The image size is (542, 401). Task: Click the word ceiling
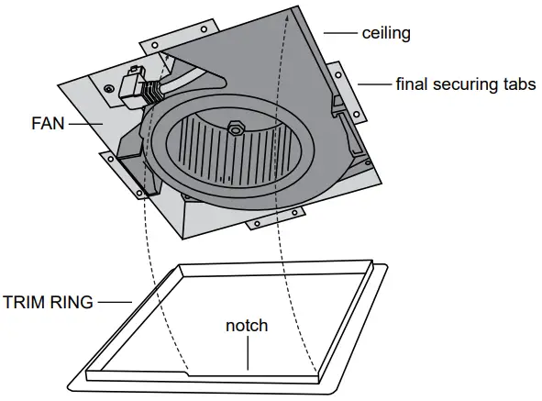point(385,33)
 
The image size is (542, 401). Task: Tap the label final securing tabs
point(465,84)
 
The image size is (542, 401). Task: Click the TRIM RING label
point(48,300)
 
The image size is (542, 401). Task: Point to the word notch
point(248,326)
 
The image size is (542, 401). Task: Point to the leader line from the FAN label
point(83,121)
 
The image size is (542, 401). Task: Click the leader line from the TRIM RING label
point(116,300)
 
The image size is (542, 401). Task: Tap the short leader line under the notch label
point(248,353)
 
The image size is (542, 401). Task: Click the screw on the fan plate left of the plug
point(110,89)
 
